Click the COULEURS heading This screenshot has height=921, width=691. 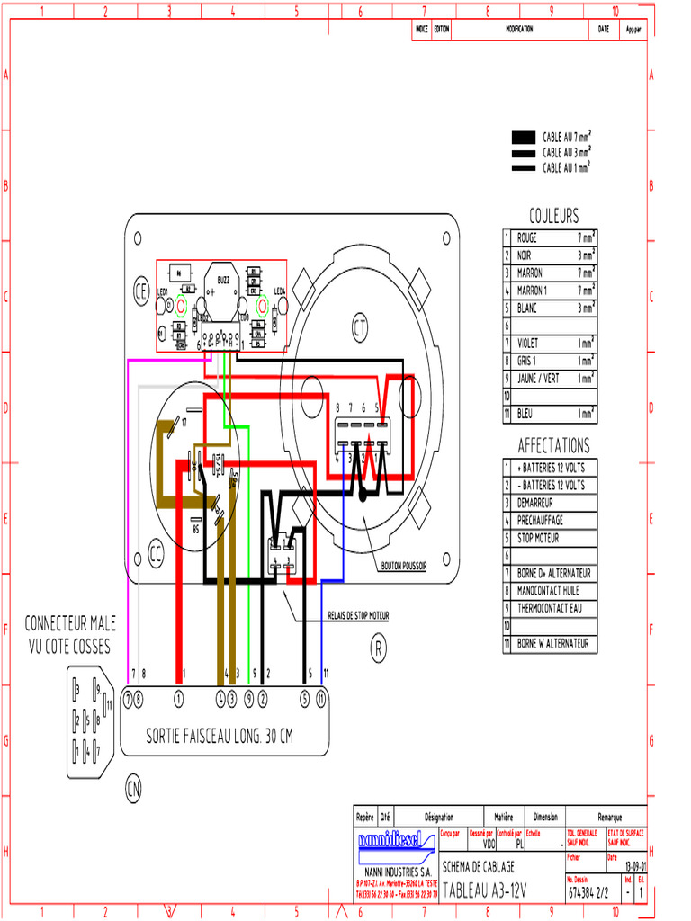click(553, 216)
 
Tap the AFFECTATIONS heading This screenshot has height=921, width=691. click(553, 446)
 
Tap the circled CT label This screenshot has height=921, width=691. click(360, 325)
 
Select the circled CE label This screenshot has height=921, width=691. click(140, 291)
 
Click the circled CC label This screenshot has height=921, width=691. click(157, 555)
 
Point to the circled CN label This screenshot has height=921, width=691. click(133, 790)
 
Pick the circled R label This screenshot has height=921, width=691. click(379, 647)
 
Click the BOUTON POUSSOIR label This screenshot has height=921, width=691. click(404, 566)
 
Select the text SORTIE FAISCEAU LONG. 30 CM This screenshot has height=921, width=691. click(220, 737)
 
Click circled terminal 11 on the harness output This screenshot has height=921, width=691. click(321, 697)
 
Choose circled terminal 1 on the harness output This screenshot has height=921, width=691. click(178, 697)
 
